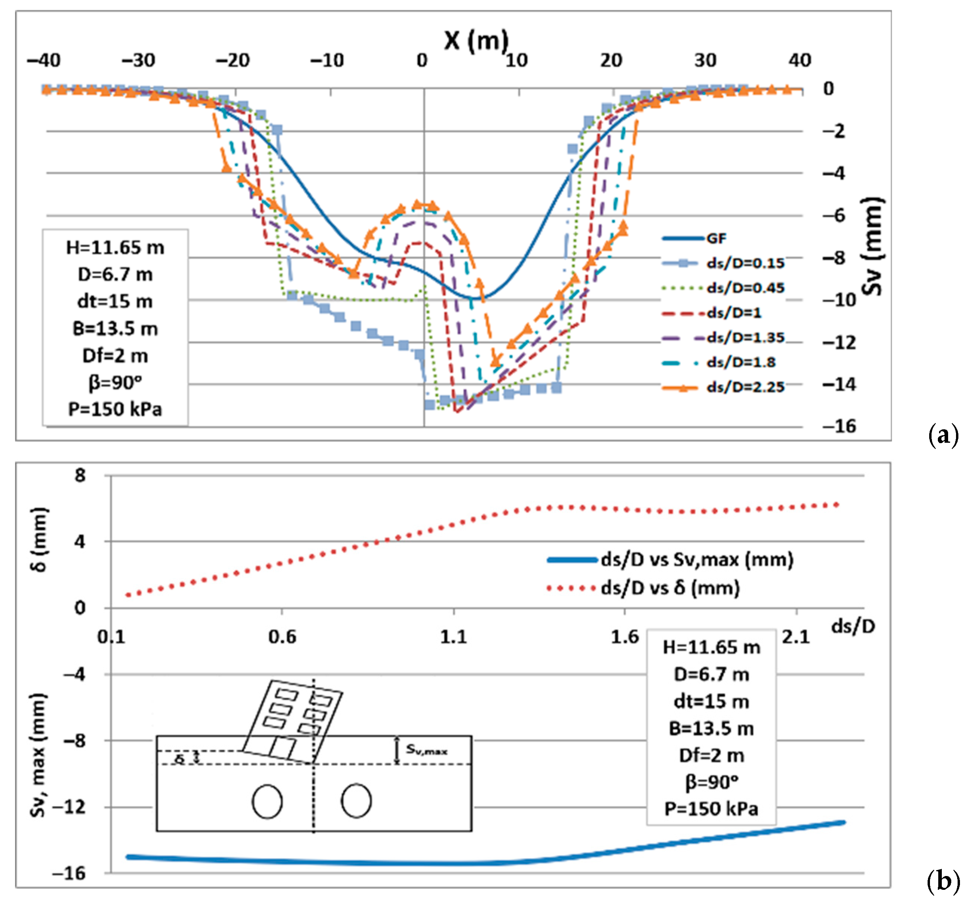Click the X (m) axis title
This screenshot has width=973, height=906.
point(476,40)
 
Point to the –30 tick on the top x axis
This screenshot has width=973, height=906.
point(139,61)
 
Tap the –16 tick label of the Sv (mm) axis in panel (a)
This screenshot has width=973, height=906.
point(839,427)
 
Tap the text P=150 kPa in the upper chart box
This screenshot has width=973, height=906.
point(115,409)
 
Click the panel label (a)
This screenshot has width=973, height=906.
point(943,434)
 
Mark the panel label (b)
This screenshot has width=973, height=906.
point(943,881)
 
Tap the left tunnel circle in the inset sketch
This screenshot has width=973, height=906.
point(267,801)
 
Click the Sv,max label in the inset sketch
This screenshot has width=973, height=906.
point(426,750)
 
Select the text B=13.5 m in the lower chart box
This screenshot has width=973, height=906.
point(711,728)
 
